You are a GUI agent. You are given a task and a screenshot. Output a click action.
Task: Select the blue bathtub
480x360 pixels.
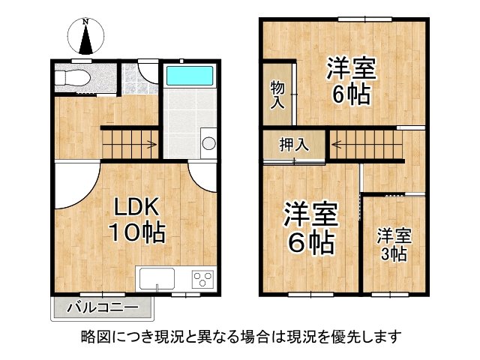190,76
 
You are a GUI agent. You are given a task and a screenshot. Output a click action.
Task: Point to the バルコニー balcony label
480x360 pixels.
102,307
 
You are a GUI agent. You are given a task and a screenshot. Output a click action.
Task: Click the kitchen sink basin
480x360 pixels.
156,279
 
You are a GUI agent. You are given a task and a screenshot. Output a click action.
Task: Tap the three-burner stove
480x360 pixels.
202,279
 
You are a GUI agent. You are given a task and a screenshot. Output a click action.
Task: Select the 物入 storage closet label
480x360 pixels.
277,95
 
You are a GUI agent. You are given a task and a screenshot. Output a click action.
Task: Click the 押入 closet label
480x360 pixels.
294,144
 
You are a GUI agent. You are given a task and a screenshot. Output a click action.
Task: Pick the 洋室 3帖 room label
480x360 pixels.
393,244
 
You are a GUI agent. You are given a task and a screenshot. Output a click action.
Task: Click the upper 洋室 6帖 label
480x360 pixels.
350,82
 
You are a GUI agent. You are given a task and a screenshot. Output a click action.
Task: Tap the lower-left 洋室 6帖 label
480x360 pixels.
309,228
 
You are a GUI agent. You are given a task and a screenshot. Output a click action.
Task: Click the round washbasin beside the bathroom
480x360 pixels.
208,143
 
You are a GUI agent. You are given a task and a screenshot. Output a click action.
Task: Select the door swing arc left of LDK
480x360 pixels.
73,187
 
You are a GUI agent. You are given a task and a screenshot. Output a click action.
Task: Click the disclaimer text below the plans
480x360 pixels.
240,336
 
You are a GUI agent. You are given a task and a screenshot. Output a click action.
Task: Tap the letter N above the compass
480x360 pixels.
85,22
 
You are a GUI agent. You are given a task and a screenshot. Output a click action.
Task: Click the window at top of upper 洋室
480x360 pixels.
356,18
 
